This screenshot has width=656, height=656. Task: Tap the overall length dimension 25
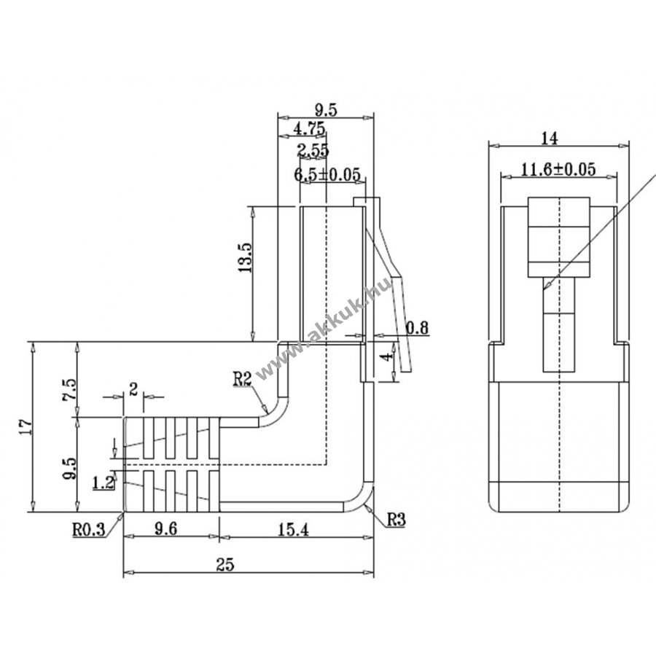(x=246, y=564)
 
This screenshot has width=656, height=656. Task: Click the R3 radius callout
(x=396, y=520)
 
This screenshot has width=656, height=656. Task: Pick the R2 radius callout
(x=243, y=378)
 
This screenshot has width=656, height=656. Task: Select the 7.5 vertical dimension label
(x=69, y=388)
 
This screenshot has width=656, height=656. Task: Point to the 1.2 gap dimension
(x=104, y=482)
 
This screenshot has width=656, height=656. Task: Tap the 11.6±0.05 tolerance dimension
(x=559, y=170)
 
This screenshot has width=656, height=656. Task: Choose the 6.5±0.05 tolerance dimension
(x=328, y=174)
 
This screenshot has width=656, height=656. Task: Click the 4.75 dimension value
(x=308, y=129)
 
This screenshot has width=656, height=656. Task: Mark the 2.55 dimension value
(x=313, y=151)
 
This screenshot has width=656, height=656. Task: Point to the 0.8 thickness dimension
(x=417, y=328)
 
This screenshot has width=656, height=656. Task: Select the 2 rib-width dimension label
(x=133, y=388)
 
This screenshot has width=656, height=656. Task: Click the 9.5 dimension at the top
(x=325, y=110)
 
